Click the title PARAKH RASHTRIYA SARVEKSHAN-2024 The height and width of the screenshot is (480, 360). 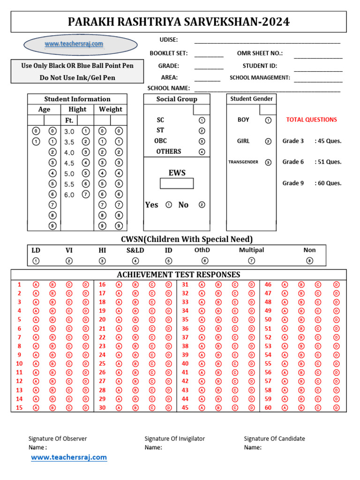point(179,22)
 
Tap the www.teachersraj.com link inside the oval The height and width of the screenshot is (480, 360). point(74,44)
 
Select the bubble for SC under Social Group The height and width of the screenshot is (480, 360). point(202,120)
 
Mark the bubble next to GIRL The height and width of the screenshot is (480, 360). point(268,141)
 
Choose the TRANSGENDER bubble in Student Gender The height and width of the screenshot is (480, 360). point(268,162)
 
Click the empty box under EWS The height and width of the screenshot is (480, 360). point(177,183)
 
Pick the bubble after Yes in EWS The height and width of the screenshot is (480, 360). point(169,205)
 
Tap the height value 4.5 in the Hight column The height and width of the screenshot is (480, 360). point(69,163)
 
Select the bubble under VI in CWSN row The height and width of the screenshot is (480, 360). point(69,261)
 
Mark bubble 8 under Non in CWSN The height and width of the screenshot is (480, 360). point(309,261)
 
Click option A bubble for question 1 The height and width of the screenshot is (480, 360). point(36,285)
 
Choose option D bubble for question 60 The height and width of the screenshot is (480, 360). point(336,407)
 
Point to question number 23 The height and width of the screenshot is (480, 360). point(102,346)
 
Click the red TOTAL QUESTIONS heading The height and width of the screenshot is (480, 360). point(311,120)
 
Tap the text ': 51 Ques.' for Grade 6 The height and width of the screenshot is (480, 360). point(328,162)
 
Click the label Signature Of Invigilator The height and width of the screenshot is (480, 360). point(174,439)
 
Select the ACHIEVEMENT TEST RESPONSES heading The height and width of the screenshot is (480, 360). point(179,275)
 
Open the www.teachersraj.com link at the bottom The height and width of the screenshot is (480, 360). point(69,457)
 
